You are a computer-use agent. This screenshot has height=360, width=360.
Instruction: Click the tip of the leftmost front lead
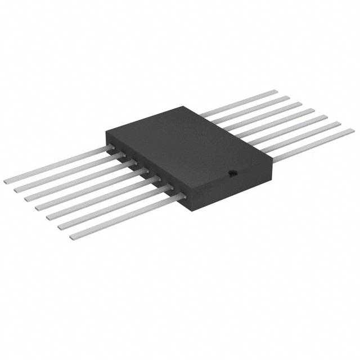pos(7,181)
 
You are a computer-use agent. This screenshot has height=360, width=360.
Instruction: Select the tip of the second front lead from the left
pos(17,190)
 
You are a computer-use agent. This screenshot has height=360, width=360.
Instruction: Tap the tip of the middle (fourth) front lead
pos(39,208)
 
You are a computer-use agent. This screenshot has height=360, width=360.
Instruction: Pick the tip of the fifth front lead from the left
pos(49,217)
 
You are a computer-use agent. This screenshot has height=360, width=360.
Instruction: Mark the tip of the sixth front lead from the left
pos(61,226)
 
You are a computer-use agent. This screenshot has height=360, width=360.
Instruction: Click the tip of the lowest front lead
pos(73,236)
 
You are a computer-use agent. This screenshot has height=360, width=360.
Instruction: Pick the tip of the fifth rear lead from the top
pos(326,117)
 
